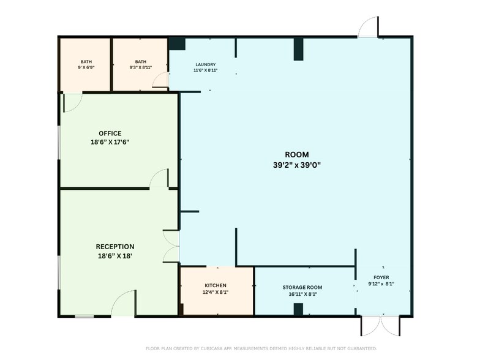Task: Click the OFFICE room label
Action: point(110,133)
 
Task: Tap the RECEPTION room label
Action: point(115,247)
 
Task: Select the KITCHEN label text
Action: point(216,285)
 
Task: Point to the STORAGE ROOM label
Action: point(302,288)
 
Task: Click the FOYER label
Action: point(381,277)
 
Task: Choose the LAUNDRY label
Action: point(206,65)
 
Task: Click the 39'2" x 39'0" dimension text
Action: point(296,165)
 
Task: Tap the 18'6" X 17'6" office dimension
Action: point(110,142)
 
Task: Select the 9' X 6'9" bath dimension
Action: point(86,67)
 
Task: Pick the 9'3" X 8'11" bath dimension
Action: point(141,67)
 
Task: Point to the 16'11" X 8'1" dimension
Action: point(302,294)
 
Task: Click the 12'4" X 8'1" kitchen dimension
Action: point(216,292)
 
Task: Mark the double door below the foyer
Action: point(381,326)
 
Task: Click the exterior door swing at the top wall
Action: point(369,27)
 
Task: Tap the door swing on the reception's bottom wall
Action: point(123,303)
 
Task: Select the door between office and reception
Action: point(159,178)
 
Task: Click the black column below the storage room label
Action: point(299,309)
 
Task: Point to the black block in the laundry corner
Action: point(177,44)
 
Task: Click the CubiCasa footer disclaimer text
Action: point(261,348)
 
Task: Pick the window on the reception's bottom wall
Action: point(84,316)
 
